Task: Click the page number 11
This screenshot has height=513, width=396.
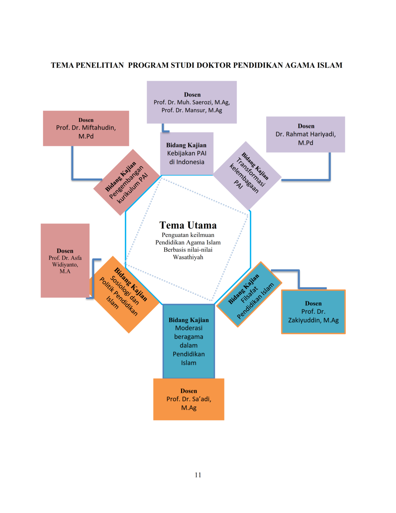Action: coord(198,475)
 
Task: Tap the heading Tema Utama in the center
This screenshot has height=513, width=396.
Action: coord(188,225)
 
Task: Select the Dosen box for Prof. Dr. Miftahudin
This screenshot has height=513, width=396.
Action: coord(86,128)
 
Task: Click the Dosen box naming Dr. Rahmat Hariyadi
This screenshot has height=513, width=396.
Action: coord(306,134)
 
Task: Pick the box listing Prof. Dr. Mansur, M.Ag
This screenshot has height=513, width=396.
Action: coord(192,102)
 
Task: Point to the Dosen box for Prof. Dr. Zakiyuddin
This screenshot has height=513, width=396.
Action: coord(313,312)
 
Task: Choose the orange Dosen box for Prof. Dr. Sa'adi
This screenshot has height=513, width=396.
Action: coord(189,399)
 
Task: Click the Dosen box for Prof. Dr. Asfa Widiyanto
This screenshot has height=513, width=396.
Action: coord(65,261)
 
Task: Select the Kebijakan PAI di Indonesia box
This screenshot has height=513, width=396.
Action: coord(187,154)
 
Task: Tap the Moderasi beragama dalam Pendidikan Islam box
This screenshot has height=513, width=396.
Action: coord(189,341)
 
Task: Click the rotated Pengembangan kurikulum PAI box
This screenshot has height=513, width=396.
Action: coord(127,182)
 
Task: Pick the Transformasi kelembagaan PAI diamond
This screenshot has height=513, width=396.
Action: coord(247,176)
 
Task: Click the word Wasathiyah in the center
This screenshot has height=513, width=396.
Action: coord(188,257)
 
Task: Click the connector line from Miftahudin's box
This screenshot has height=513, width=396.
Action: coord(73,165)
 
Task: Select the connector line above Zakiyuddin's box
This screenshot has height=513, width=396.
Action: coord(299,277)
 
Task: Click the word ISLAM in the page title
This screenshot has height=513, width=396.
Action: coord(330,65)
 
